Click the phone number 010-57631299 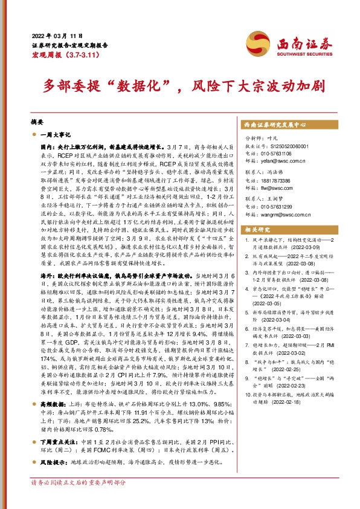[283, 206]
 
